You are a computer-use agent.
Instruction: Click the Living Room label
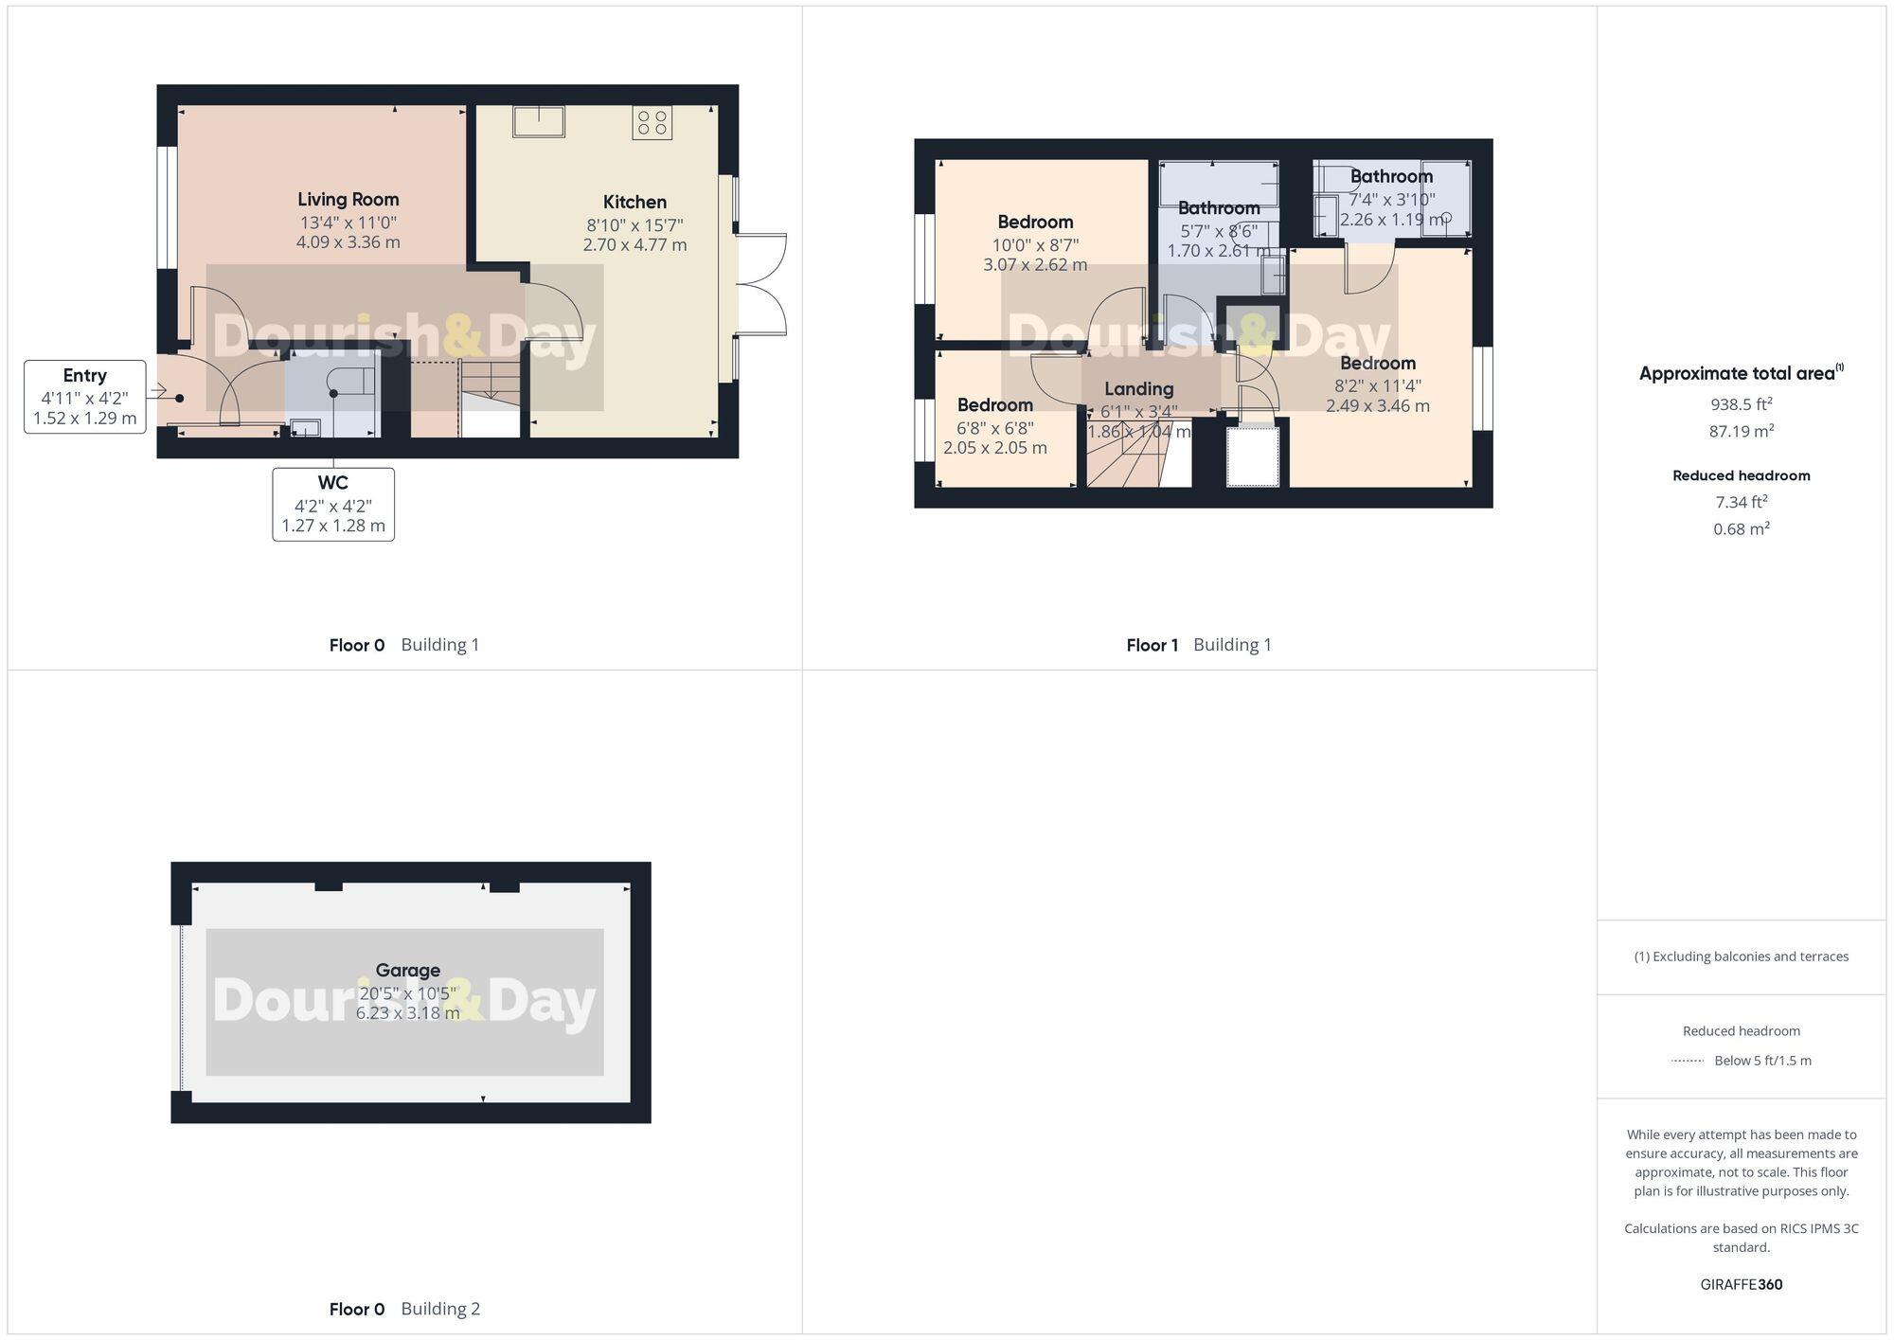coord(348,199)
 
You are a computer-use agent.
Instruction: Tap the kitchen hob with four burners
coord(652,122)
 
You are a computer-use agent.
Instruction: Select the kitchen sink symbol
coord(539,122)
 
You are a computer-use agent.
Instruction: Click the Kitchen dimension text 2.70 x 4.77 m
coord(634,245)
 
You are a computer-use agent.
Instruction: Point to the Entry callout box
coord(85,397)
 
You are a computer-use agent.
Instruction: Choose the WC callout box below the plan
coord(333,505)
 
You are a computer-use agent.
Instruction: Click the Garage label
coord(407,970)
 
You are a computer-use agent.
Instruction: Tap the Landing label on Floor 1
coord(1138,388)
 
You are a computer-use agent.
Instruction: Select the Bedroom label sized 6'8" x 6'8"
coord(994,405)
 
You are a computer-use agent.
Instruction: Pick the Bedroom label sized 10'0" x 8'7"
coord(1035,223)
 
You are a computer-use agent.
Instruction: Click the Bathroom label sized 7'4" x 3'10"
coord(1391,176)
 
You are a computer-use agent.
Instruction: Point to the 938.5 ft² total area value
coord(1741,404)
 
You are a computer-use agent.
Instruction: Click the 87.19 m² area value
coord(1741,431)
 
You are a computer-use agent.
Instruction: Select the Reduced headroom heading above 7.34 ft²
coord(1741,475)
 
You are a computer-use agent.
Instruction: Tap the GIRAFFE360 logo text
coord(1741,1284)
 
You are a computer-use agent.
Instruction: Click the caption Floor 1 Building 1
coord(1198,645)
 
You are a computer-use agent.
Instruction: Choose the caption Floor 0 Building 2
coord(404,1309)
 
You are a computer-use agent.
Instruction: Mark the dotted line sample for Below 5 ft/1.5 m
coord(1688,1061)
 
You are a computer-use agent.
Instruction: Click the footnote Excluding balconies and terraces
coord(1741,956)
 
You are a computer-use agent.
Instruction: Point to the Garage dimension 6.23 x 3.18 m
coord(407,1013)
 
